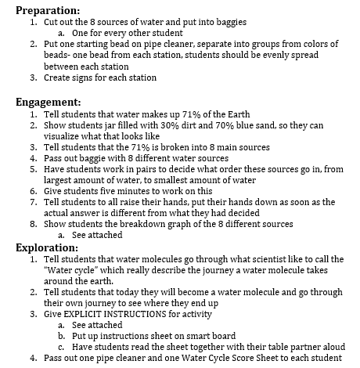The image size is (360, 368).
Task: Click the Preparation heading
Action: tap(48, 10)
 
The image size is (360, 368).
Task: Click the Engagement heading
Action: tap(48, 102)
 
